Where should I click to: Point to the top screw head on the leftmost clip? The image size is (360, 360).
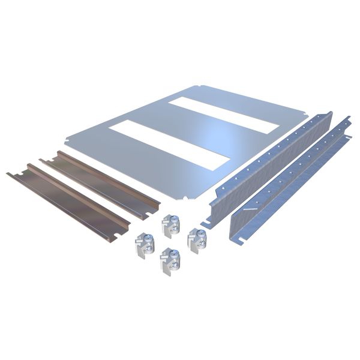coord(147,238)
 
